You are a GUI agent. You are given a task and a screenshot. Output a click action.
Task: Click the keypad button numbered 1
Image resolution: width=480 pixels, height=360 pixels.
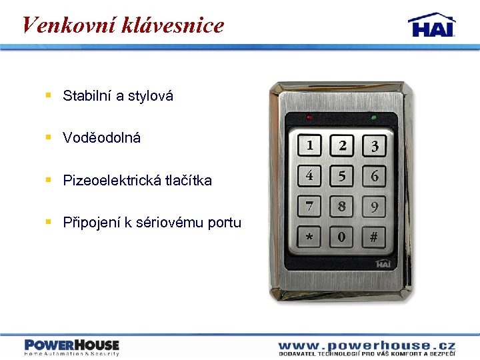pyautogui.click(x=310, y=145)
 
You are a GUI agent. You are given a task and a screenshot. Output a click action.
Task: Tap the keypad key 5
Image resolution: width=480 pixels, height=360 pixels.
pyautogui.click(x=342, y=177)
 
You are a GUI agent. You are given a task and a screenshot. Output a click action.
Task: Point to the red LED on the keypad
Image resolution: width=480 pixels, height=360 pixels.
pyautogui.click(x=309, y=117)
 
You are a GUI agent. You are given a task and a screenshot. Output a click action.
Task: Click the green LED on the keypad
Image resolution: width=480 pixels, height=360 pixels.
pyautogui.click(x=373, y=117)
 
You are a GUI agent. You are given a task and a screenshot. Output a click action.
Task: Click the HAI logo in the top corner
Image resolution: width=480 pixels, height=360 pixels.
pyautogui.click(x=432, y=25)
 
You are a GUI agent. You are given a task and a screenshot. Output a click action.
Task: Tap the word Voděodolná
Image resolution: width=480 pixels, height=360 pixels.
pyautogui.click(x=102, y=138)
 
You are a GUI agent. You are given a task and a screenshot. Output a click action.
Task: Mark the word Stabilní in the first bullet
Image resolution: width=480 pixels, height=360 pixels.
pyautogui.click(x=87, y=96)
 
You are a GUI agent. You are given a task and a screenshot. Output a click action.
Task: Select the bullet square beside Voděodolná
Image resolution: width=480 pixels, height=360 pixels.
pyautogui.click(x=48, y=137)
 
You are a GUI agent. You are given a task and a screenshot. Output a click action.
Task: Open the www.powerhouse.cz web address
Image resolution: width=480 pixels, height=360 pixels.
pyautogui.click(x=367, y=345)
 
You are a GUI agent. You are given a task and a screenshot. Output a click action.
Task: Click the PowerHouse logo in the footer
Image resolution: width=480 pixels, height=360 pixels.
pyautogui.click(x=72, y=347)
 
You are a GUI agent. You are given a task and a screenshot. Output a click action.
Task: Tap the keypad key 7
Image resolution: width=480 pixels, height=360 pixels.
pyautogui.click(x=310, y=207)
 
